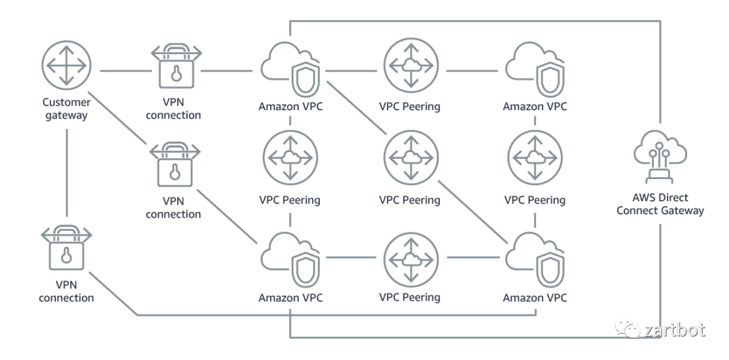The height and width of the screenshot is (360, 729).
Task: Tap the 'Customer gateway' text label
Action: tap(66, 109)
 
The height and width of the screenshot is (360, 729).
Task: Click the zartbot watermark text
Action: tap(674, 330)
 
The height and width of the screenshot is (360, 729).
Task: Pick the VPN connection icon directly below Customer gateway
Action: tap(66, 250)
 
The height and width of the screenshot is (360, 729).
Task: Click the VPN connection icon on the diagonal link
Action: tap(173, 162)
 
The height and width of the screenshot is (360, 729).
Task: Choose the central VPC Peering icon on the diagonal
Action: tap(410, 157)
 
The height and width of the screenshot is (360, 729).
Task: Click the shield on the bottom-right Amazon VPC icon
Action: tap(551, 269)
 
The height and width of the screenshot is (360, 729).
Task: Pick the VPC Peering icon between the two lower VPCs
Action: tap(410, 258)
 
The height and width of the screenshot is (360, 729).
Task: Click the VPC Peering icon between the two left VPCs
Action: tap(290, 157)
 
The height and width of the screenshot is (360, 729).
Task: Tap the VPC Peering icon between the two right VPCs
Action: tap(535, 157)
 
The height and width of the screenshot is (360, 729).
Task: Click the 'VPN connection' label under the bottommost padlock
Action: tap(66, 292)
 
